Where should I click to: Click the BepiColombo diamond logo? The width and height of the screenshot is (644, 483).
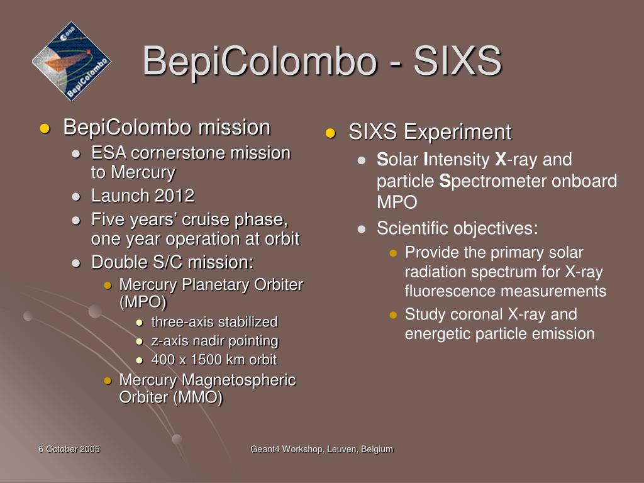[72, 61]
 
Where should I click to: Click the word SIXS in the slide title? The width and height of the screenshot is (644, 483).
[458, 61]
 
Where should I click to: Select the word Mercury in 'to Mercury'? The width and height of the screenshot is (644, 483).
[143, 172]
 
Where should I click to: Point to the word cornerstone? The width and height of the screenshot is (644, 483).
[179, 153]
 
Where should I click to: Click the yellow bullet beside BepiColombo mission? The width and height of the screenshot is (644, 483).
[45, 128]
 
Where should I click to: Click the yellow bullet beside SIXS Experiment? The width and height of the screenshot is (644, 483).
[330, 133]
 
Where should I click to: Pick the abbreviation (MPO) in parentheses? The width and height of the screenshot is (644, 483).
[143, 303]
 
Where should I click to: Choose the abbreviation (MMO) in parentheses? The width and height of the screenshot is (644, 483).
[197, 397]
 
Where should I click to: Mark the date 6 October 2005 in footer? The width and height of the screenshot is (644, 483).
[69, 449]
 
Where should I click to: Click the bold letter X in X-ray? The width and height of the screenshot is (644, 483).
[501, 159]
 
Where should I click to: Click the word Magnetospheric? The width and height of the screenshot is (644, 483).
[238, 380]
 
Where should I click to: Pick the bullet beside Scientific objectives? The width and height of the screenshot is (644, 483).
[362, 229]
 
